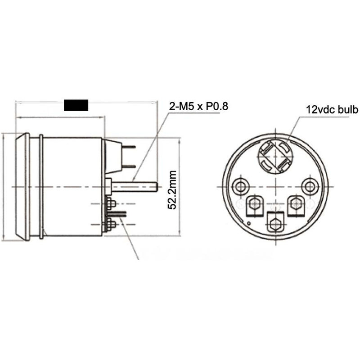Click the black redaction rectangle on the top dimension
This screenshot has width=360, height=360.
(x=76, y=105)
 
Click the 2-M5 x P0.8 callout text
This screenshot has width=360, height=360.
(x=198, y=107)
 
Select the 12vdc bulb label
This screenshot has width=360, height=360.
(x=332, y=109)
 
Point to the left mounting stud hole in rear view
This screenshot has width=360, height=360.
(x=242, y=185)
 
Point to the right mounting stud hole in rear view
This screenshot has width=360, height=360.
(x=309, y=185)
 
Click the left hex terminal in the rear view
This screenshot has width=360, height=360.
(x=255, y=204)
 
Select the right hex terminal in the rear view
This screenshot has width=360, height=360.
(x=296, y=203)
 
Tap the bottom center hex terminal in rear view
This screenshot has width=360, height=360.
(x=275, y=221)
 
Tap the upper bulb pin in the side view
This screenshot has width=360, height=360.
(x=129, y=146)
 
